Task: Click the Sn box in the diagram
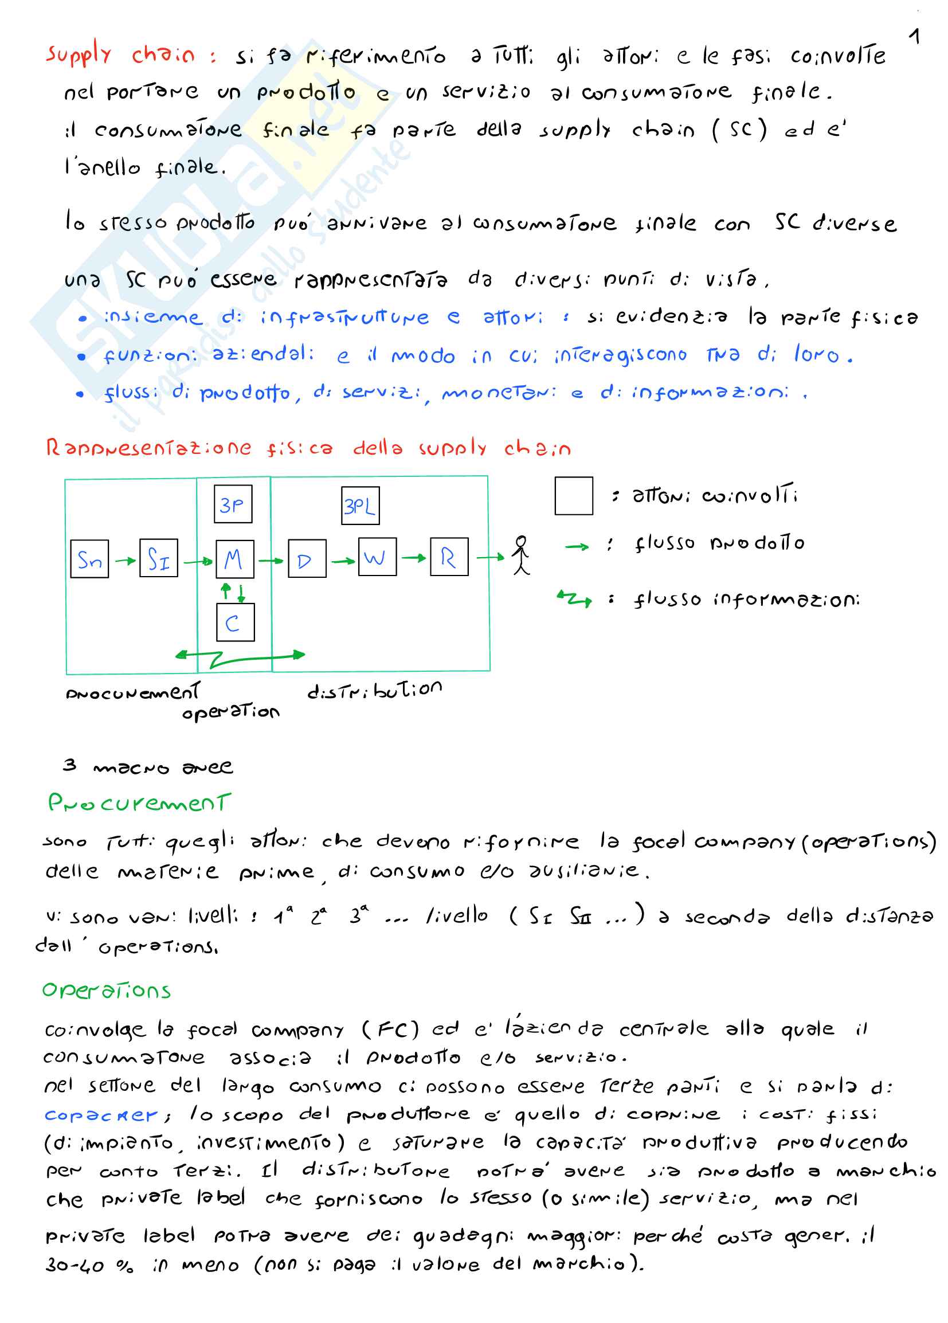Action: point(89,558)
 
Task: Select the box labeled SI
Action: point(159,558)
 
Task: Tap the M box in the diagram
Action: point(234,559)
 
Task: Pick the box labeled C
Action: point(235,622)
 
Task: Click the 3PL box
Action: point(360,505)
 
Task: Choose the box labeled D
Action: point(307,558)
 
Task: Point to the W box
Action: point(377,557)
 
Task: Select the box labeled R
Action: point(449,557)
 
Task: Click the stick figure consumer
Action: point(521,555)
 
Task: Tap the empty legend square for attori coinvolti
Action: point(574,496)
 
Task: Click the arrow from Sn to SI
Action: point(124,561)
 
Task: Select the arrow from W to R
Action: point(413,558)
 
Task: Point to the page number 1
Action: point(915,36)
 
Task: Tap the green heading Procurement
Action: point(139,803)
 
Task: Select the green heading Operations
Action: point(106,991)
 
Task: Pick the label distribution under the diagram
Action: point(374,690)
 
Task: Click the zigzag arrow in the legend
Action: point(575,598)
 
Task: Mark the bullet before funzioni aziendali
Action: point(81,357)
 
